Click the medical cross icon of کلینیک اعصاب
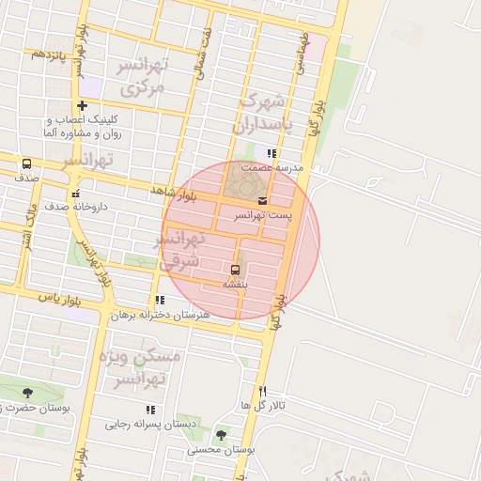[83, 105]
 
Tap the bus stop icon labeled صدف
[26, 163]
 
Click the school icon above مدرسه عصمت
[271, 153]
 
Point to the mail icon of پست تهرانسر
[261, 201]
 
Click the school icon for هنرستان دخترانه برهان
[160, 301]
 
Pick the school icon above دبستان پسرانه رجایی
[150, 410]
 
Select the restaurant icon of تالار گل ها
[262, 391]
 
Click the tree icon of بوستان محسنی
[221, 435]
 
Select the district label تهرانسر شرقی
[182, 250]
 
